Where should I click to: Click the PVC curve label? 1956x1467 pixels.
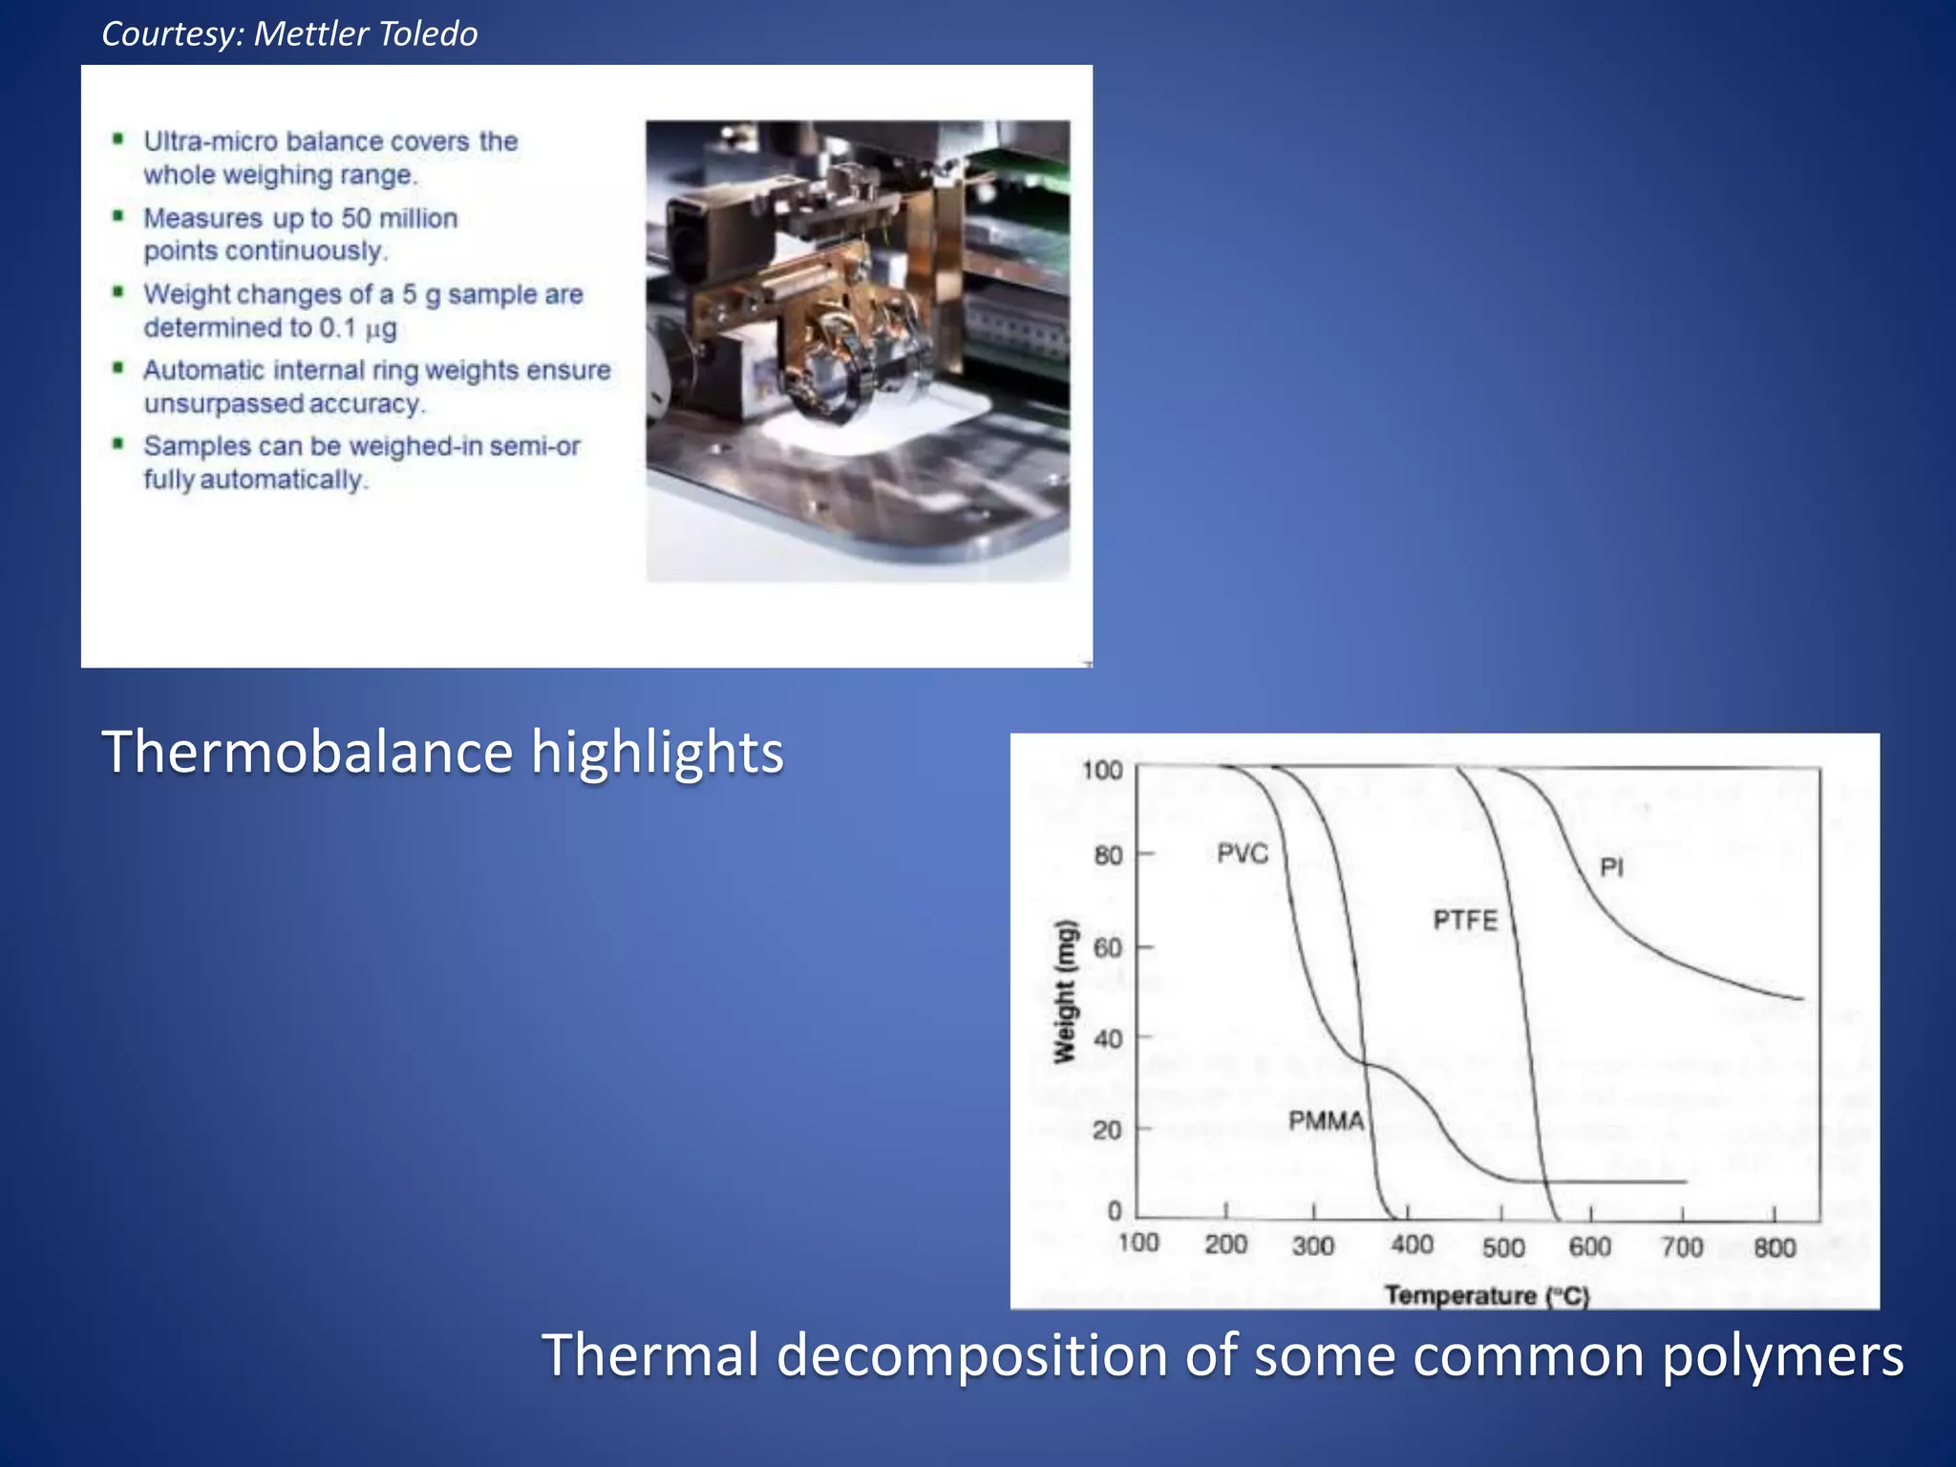(1242, 853)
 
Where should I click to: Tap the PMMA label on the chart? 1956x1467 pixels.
(1326, 1120)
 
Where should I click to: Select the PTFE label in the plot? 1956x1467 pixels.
(1465, 920)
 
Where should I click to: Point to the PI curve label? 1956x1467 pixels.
(1611, 867)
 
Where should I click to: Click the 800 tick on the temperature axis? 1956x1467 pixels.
(1775, 1247)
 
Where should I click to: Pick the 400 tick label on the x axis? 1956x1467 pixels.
(1412, 1245)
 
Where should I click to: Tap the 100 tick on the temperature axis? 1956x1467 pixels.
(1137, 1244)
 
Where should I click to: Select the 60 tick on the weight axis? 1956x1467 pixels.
(1108, 947)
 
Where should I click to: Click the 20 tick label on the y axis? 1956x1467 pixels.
(1108, 1131)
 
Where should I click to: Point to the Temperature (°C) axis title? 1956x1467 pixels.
(1486, 1296)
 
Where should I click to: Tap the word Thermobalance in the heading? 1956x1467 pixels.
(308, 752)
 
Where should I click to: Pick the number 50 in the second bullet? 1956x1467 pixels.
(356, 218)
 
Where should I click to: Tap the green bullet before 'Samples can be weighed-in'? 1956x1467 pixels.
(118, 444)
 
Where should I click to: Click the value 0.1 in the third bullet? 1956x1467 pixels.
(337, 328)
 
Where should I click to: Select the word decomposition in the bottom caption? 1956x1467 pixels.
(972, 1356)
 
